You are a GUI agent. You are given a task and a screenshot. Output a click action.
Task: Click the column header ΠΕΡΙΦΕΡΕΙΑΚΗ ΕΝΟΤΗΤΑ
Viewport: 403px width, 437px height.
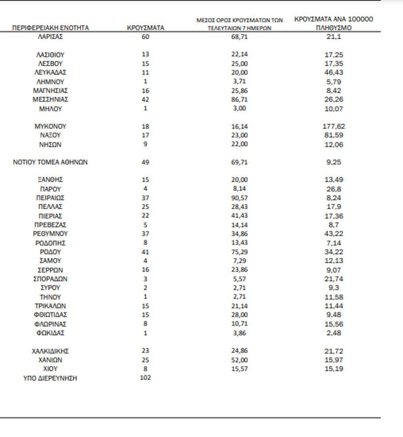(x=50, y=28)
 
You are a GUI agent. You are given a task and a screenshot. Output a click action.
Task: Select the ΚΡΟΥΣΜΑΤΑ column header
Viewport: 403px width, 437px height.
(x=145, y=28)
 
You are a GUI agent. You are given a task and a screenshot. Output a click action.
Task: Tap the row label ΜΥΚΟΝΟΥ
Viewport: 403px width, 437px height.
(x=50, y=126)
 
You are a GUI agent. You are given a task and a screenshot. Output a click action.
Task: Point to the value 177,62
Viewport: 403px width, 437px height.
(x=334, y=126)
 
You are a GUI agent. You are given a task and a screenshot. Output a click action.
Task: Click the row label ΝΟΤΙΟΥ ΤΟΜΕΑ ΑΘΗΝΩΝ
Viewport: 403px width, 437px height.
(x=50, y=162)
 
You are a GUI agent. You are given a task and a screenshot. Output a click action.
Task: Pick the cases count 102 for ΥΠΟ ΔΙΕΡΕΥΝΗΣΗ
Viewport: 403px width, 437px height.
(x=145, y=378)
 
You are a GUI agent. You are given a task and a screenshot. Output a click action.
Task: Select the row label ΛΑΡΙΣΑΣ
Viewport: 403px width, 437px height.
(x=50, y=37)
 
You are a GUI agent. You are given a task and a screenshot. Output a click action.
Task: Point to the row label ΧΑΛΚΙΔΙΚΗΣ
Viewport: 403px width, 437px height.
(x=50, y=351)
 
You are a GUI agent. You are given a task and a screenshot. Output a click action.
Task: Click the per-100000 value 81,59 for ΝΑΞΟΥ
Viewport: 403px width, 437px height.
(x=334, y=135)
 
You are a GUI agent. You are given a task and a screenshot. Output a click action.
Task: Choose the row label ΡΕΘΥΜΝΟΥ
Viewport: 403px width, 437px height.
(x=50, y=234)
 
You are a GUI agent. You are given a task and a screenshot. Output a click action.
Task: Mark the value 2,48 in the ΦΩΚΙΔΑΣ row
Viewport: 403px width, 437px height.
(x=334, y=333)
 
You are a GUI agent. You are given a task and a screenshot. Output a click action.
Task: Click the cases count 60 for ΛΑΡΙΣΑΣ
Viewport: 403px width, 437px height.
(x=145, y=37)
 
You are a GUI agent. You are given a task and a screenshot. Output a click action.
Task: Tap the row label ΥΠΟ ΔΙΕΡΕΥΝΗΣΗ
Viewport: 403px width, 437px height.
(x=50, y=378)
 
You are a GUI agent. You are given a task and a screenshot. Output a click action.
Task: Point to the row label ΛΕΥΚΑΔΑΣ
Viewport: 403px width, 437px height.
(x=50, y=73)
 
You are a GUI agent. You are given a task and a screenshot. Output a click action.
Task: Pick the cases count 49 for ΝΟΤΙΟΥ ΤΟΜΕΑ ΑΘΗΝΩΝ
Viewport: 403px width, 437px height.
(x=145, y=162)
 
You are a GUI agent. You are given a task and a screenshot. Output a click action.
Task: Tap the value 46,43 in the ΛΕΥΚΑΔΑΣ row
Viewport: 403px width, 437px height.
(x=334, y=73)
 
